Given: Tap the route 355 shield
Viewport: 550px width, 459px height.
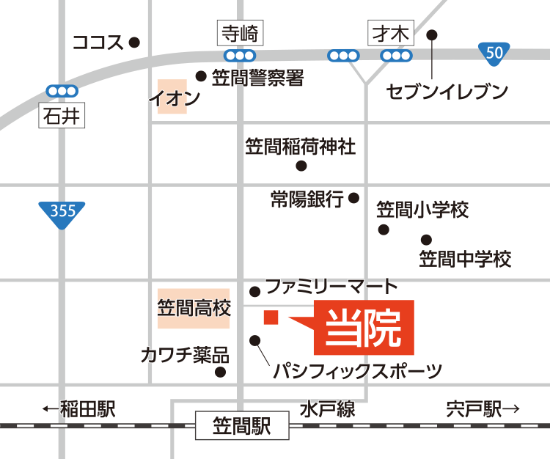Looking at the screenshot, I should (62, 213).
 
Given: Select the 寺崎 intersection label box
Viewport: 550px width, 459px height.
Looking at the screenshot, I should (239, 33).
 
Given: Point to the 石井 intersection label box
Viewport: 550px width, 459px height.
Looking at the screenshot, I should (61, 115).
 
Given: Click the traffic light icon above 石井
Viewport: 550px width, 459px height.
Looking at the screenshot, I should (62, 90).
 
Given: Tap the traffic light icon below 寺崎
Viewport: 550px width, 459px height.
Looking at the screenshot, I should (239, 56).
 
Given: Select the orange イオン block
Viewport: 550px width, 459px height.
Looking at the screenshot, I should (172, 97).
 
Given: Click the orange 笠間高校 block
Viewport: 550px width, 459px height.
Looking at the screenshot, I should (194, 307).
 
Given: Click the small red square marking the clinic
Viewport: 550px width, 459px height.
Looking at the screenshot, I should (271, 317).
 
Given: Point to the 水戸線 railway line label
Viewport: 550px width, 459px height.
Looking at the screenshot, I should (327, 409).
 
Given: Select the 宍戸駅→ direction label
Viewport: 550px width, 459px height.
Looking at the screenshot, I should (482, 409).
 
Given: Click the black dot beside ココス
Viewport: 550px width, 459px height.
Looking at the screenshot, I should (133, 43).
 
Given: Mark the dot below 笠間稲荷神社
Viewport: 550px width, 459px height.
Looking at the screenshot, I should (301, 166).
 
